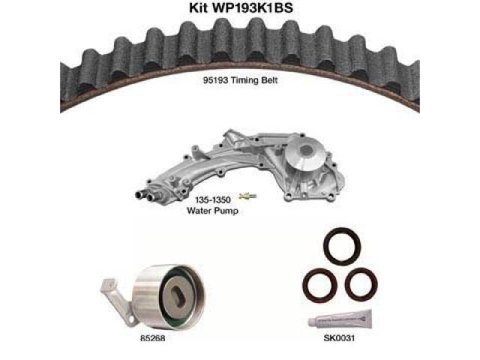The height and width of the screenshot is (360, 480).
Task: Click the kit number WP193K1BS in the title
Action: coord(253,7)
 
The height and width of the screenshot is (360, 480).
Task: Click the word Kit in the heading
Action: coord(199,7)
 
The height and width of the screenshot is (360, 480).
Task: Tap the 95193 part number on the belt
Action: coord(215,80)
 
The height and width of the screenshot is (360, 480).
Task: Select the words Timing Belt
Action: coord(254,80)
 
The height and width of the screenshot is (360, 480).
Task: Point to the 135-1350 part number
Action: coord(213,200)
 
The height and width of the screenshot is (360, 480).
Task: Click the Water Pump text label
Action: coord(212,211)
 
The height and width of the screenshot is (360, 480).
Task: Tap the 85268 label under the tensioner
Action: coord(152,338)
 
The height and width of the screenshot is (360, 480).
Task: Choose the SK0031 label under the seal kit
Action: coord(339,338)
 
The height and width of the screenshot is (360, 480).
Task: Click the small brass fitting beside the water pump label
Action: coord(247,196)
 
